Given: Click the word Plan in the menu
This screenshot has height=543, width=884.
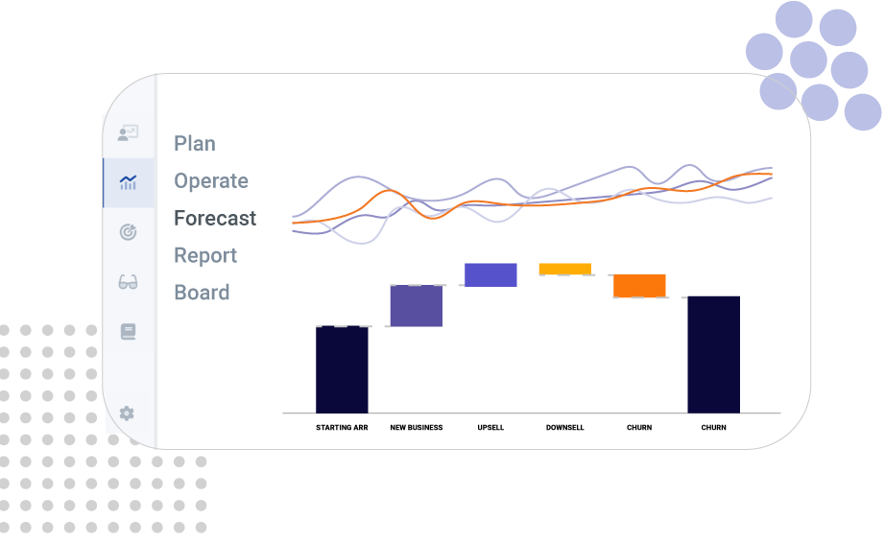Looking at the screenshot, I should (195, 144).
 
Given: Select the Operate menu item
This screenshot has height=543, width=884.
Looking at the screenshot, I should (211, 181).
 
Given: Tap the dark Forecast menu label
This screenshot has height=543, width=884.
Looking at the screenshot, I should (215, 219).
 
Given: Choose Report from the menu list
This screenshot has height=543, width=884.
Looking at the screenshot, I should (205, 256).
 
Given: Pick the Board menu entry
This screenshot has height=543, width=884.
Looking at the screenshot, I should (202, 293).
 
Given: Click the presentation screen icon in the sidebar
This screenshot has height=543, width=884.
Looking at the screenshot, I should (128, 134).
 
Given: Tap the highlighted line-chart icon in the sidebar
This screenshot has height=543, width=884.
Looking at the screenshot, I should (128, 182).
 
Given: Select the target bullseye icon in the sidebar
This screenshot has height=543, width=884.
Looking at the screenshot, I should (128, 232).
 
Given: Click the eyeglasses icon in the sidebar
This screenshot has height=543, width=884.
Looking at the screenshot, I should (128, 282).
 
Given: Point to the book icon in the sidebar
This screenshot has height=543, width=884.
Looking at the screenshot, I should (128, 332).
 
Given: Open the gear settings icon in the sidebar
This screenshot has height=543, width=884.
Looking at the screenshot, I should (127, 413).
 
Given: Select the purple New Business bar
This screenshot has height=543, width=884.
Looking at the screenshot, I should (417, 306).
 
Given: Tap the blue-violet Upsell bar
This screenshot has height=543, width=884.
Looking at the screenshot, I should (490, 274).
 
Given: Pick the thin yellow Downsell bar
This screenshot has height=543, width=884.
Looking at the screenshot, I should (565, 269).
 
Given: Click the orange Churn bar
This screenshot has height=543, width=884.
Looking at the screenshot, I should (639, 286).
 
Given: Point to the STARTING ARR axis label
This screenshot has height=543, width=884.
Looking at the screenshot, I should (342, 427).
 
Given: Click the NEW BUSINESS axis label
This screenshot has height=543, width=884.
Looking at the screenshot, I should (417, 427).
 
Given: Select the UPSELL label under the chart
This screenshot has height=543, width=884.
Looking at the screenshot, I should (490, 427).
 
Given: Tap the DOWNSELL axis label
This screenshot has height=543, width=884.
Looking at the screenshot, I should (565, 427).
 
